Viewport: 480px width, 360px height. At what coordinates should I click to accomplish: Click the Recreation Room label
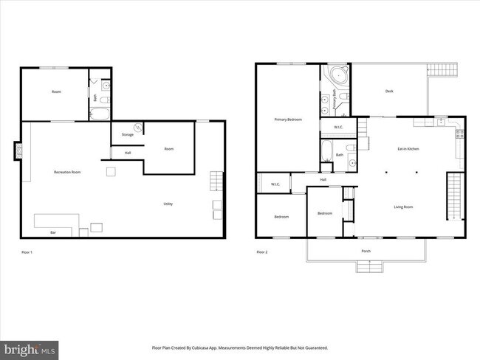(67, 172)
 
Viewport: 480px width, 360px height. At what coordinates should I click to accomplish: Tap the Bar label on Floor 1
(52, 232)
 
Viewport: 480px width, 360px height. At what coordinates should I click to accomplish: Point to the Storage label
(127, 135)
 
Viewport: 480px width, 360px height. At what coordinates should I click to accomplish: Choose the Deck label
(389, 91)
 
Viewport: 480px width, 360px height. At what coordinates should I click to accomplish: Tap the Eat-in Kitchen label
(408, 149)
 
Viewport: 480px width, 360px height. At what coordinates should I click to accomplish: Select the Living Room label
(403, 207)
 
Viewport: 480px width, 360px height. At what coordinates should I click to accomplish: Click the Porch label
(366, 252)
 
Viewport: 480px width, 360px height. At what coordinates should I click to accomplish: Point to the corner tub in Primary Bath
(339, 75)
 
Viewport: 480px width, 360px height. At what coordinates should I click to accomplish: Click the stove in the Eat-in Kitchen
(459, 134)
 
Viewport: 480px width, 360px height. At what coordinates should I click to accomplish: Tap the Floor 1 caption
(27, 252)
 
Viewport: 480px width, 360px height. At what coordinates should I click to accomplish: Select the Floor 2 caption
(261, 252)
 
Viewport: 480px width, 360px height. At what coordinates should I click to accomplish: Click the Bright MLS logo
(30, 347)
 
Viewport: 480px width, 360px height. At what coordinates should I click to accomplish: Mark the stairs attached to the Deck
(444, 70)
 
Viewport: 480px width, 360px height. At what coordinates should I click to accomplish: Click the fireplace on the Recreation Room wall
(18, 151)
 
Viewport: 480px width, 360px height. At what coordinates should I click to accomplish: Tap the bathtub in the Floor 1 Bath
(99, 114)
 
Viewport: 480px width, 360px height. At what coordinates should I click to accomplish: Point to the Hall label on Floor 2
(323, 179)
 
